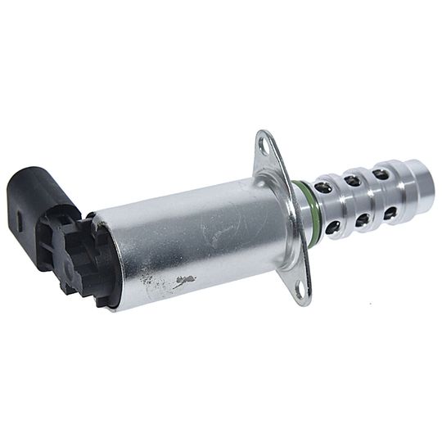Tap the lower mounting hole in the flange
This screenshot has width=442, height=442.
[x=299, y=288]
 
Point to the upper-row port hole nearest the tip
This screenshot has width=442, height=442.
[x=381, y=174]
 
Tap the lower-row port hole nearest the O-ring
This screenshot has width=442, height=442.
[x=332, y=227]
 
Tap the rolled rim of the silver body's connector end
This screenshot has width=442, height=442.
[x=110, y=262]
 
